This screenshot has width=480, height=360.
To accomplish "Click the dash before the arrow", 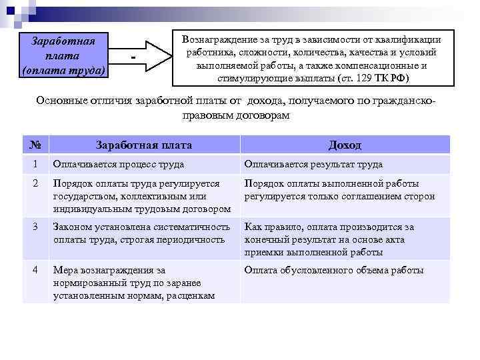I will [x=134, y=59].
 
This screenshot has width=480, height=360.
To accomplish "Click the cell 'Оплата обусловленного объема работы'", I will [x=333, y=271].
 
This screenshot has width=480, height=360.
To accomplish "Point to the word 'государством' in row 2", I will [x=81, y=197].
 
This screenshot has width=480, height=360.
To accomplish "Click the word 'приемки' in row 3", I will [x=263, y=253].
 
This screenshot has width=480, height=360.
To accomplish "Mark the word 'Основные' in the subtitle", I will [x=62, y=101].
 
